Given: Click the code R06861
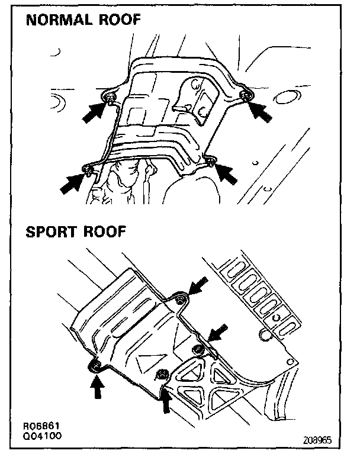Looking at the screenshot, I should [37, 426].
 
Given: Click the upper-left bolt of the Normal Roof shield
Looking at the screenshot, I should [110, 97].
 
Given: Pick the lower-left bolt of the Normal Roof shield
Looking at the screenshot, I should [88, 172].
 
